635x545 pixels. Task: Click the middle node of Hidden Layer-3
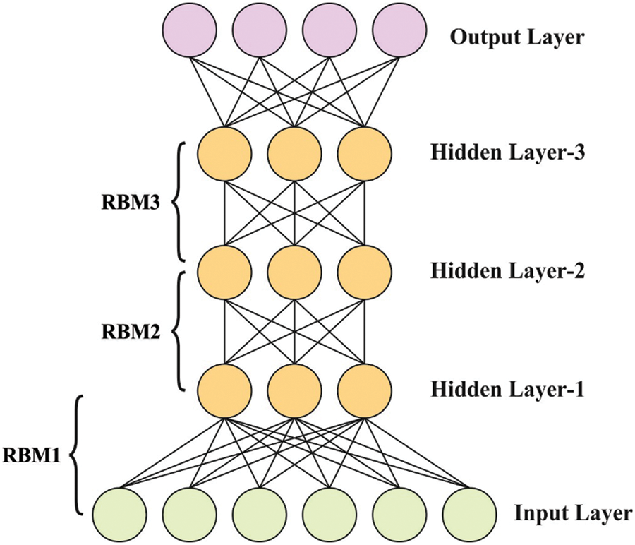[294, 154]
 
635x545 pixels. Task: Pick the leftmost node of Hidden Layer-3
[224, 154]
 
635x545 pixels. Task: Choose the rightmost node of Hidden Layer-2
[364, 272]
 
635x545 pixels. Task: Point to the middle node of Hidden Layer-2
[294, 272]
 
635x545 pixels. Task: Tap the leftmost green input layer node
[121, 513]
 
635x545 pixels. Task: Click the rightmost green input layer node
[468, 513]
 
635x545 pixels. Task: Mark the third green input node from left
[260, 513]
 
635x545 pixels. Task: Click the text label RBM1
[32, 455]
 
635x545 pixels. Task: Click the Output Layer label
[517, 36]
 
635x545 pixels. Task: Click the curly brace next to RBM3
[181, 201]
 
